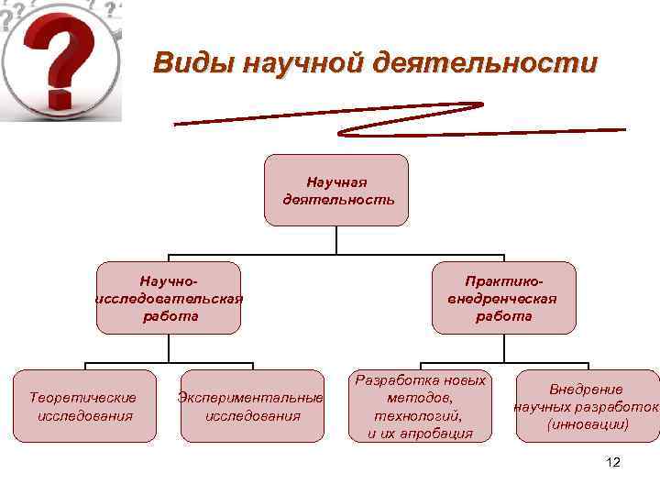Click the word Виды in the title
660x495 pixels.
pos(186,63)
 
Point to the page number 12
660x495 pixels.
pos(613,463)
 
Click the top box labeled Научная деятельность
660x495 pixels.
pos(336,190)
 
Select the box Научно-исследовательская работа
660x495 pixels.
pos(170,297)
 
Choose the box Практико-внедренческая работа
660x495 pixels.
pos(503,297)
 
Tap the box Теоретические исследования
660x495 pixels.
pos(84,406)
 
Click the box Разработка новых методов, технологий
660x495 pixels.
pos(420,406)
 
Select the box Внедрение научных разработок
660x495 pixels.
pos(588,406)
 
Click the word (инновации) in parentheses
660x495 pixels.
pos(588,424)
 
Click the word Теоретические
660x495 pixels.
pos(84,397)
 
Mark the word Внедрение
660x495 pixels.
pos(587,389)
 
